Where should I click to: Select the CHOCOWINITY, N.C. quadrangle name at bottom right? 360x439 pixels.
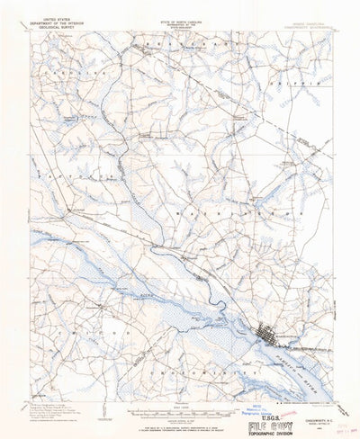click(x=307, y=401)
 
